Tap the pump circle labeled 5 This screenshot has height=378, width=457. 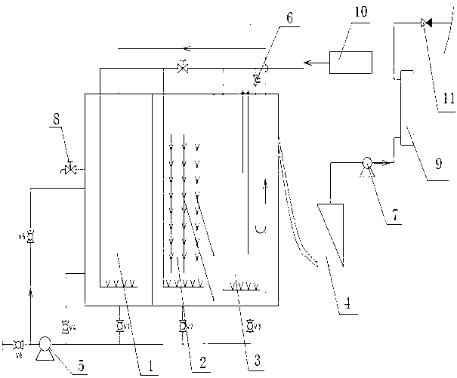[x=45, y=344]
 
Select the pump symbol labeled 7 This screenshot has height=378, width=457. [x=366, y=162]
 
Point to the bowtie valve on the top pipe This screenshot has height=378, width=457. [x=182, y=68]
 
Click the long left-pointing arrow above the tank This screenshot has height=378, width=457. [x=174, y=49]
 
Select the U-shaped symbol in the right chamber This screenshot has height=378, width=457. [x=259, y=229]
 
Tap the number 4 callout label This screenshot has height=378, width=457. [x=347, y=306]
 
